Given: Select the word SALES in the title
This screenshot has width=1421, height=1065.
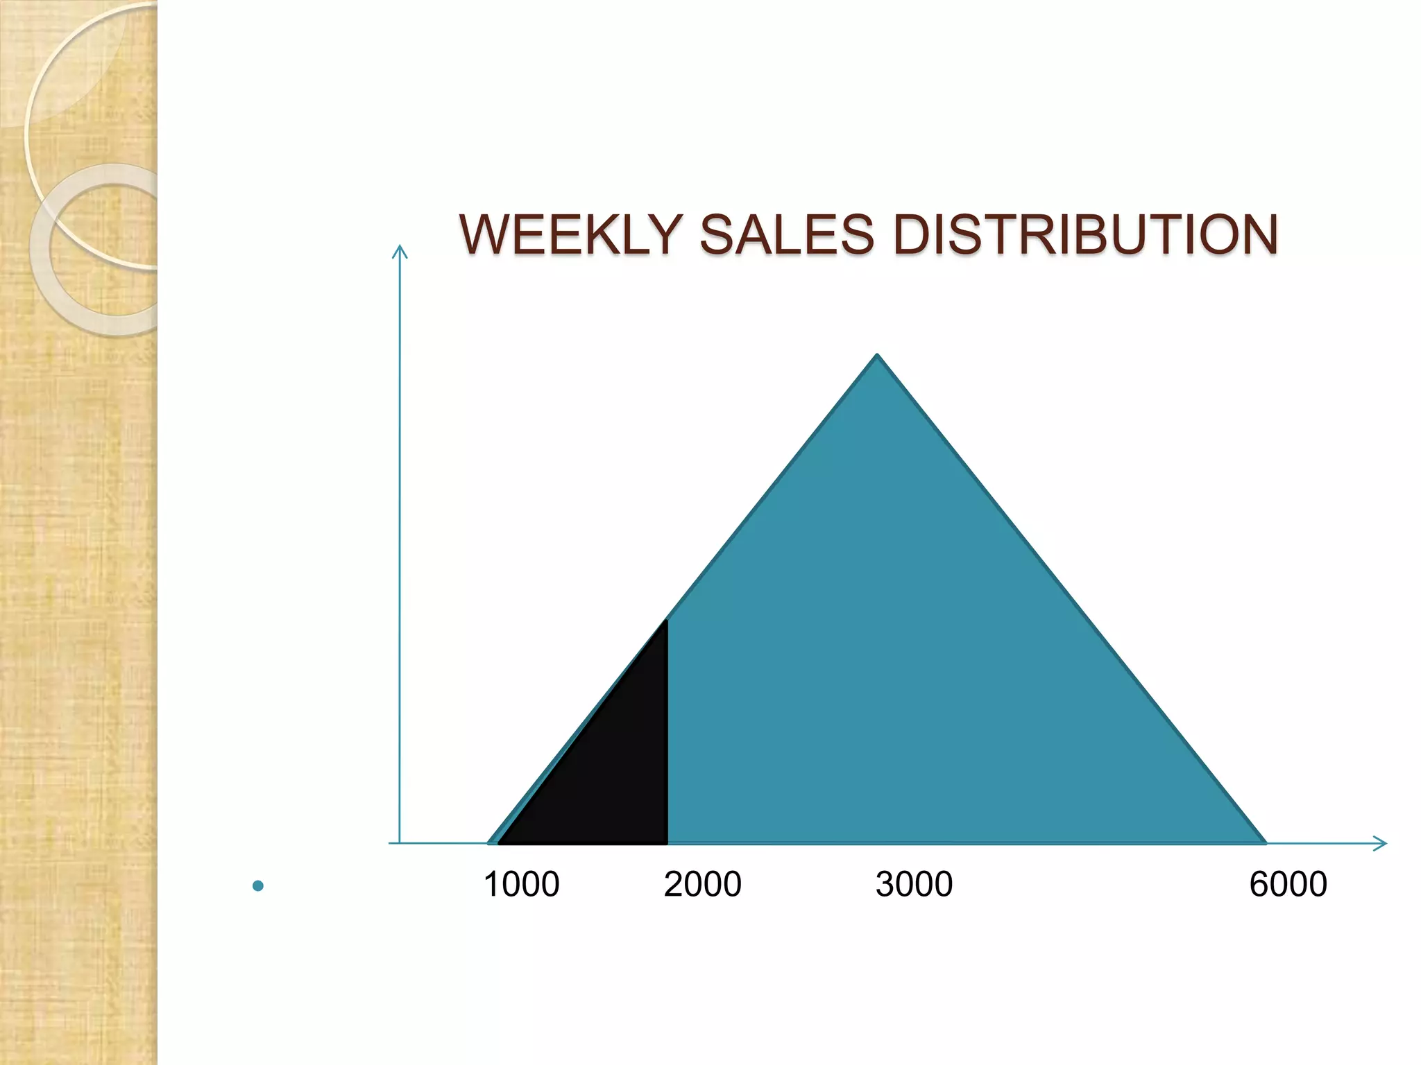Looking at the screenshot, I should click(786, 234).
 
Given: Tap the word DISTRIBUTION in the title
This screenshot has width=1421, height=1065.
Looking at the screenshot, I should click(1085, 234).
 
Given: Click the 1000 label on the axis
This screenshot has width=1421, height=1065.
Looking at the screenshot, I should click(521, 885).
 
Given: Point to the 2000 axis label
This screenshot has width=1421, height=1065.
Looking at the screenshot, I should click(702, 885).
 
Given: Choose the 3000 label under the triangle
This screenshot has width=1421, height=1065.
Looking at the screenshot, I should click(914, 885).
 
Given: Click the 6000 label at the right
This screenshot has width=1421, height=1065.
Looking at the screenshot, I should click(1288, 885).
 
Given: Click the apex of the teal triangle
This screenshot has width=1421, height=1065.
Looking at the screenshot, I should click(878, 356).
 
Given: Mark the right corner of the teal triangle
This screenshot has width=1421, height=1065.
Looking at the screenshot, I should click(1264, 842).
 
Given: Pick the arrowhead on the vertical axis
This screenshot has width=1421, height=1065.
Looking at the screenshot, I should click(400, 250).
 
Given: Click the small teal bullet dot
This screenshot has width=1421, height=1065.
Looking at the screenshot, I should click(258, 885).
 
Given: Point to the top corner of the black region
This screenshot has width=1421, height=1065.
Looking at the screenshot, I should click(666, 621).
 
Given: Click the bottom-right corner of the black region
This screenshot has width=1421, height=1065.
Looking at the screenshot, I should click(666, 842).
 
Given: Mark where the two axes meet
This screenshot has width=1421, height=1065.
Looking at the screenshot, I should click(400, 843).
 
